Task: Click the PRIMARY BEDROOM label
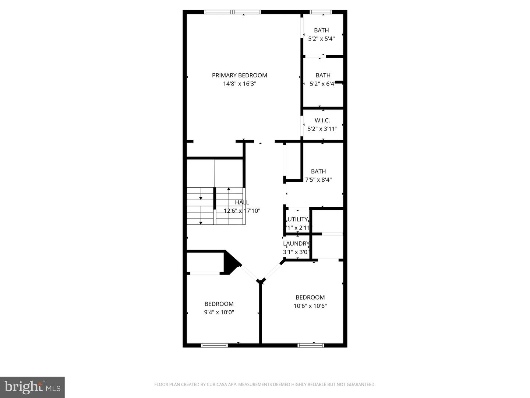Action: (x=239, y=75)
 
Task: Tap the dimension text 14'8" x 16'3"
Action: (x=239, y=84)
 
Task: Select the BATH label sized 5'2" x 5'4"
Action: (x=321, y=30)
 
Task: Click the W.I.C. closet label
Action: (x=322, y=120)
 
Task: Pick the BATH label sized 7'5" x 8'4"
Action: (x=318, y=171)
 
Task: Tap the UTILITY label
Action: (x=297, y=219)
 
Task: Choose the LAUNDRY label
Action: (x=296, y=243)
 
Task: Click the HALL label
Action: (x=242, y=202)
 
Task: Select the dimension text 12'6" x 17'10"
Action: (x=242, y=211)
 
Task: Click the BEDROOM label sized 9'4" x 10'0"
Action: (x=219, y=304)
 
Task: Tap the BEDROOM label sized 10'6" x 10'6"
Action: (x=310, y=297)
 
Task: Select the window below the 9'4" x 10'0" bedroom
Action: (x=214, y=345)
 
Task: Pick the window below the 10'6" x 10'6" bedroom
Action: (x=311, y=345)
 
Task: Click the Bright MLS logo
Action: (x=32, y=387)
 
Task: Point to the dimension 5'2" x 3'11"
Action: (x=322, y=129)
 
